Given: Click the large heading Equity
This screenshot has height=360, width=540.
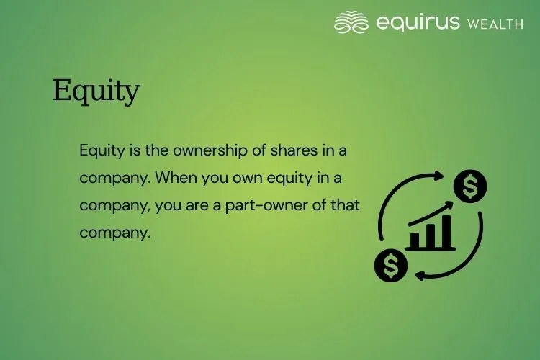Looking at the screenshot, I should pyautogui.click(x=96, y=92).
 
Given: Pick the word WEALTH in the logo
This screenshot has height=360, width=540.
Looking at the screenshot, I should pyautogui.click(x=495, y=24).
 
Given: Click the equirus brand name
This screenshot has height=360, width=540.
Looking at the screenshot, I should pyautogui.click(x=417, y=22).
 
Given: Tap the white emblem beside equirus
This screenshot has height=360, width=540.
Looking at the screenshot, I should pyautogui.click(x=351, y=22).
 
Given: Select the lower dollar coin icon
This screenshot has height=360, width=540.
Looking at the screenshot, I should pyautogui.click(x=391, y=265).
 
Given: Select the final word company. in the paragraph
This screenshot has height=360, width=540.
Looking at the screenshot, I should pyautogui.click(x=115, y=233).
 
